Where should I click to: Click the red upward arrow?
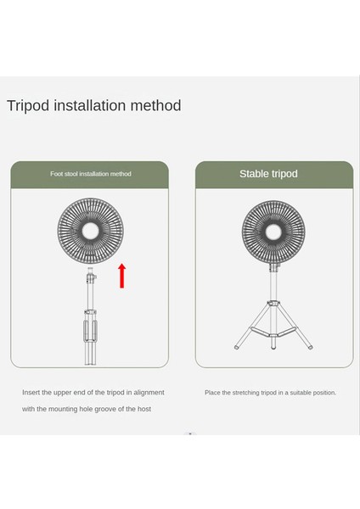coord(122,276)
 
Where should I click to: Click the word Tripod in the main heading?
coord(31,106)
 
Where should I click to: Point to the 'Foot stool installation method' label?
coord(90,174)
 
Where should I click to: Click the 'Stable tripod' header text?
coord(268,174)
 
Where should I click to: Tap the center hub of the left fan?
coord(89,231)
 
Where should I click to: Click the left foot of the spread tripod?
coord(237,347)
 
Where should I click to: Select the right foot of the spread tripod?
coord(310,347)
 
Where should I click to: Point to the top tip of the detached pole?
coord(89,273)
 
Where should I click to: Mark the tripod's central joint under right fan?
coord(273,303)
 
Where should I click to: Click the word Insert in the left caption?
coord(31,393)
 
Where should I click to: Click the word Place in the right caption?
coord(213,393)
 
